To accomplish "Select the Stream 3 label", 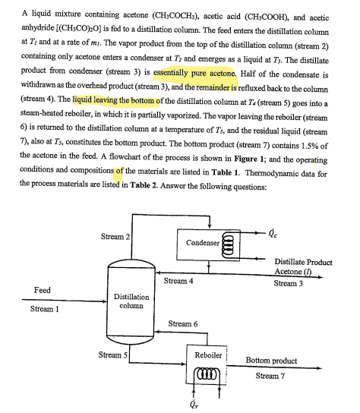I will [289, 284].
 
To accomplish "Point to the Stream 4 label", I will [178, 281].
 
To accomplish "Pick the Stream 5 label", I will [115, 355].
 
